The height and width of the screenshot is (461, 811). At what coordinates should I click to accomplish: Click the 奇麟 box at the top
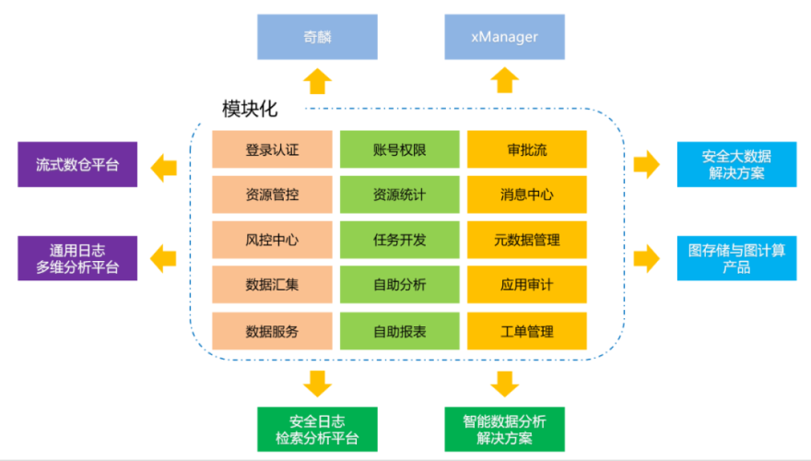tap(317, 38)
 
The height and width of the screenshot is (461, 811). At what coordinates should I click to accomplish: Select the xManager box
tap(504, 38)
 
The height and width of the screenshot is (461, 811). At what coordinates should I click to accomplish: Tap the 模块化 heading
tap(249, 108)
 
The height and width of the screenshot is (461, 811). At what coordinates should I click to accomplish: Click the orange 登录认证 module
tap(272, 149)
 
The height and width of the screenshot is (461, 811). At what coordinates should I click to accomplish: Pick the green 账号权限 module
tap(399, 149)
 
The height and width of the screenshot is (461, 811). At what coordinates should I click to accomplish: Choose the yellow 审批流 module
tap(526, 149)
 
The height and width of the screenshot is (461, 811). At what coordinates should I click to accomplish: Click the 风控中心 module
tap(272, 240)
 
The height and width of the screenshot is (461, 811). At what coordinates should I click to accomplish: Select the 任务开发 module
tap(399, 240)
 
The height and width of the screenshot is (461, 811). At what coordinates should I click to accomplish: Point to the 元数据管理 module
tap(526, 240)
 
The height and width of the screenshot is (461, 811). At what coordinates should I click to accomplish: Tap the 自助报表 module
tap(399, 330)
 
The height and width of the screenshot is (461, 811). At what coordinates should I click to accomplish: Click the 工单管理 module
tap(526, 330)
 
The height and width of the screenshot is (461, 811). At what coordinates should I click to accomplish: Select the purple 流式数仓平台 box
tap(77, 165)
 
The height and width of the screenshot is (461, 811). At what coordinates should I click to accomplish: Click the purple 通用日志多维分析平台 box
tap(77, 258)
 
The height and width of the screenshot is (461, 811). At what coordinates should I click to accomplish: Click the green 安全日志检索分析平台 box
tap(317, 429)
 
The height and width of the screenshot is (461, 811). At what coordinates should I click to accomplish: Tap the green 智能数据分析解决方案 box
tap(504, 429)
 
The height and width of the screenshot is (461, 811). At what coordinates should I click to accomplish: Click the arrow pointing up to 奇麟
tap(317, 80)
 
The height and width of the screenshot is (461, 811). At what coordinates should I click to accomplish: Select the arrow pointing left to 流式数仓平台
tap(164, 166)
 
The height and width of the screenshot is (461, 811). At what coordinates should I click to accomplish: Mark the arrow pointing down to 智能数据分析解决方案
tap(504, 382)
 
